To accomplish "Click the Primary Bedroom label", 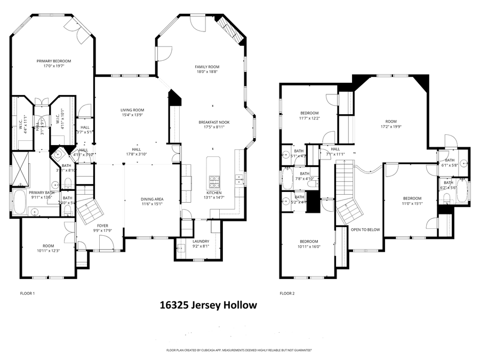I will click(x=53, y=61).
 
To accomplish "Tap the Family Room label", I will click(x=207, y=67).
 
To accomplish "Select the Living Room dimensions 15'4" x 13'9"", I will click(x=132, y=115).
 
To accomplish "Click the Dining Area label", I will click(x=152, y=198).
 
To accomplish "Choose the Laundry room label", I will click(x=201, y=241).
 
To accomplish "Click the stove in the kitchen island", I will click(x=214, y=184).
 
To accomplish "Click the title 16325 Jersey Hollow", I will click(x=209, y=306).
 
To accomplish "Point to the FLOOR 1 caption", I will click(x=27, y=293).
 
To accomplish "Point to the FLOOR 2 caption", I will click(x=287, y=293).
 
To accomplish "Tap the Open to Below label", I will click(x=365, y=229).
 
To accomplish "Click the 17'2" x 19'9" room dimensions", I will click(x=391, y=127).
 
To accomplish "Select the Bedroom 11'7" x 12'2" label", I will click(x=309, y=113).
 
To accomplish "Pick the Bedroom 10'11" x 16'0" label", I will click(x=309, y=241).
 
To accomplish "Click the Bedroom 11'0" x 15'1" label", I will click(x=412, y=198).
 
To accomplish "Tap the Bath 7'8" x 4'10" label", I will click(x=305, y=173).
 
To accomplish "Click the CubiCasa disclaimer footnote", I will click(x=239, y=350).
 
